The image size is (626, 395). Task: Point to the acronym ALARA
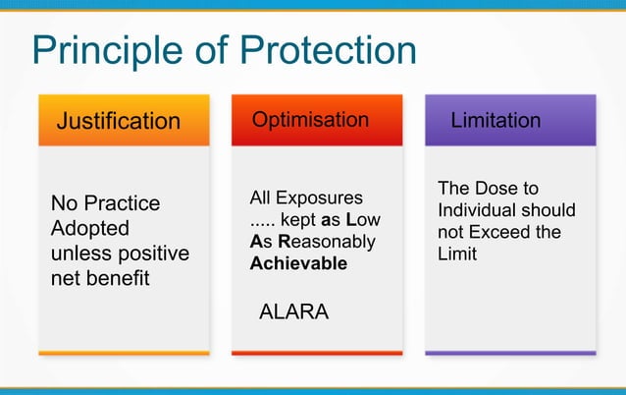293,312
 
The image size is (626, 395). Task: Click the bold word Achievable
298,263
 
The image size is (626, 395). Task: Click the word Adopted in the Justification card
89,228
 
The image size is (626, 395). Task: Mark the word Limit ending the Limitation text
457,254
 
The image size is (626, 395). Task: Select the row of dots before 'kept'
263,221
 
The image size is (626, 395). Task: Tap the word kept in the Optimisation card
299,220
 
